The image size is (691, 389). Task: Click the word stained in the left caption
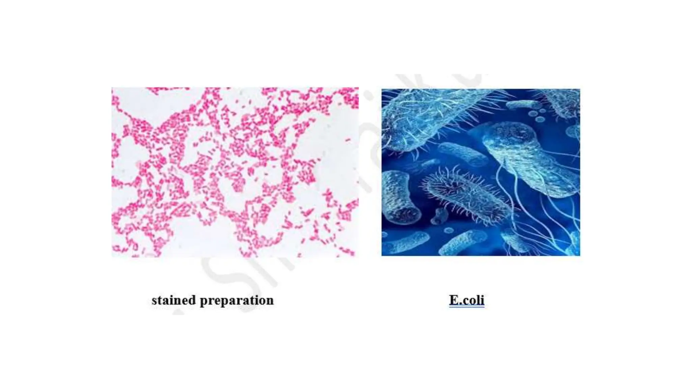[173, 300]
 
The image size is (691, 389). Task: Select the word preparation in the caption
[237, 300]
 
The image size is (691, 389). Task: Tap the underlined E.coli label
[467, 300]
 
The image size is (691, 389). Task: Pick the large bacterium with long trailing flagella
[530, 159]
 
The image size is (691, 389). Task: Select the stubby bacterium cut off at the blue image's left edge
[398, 198]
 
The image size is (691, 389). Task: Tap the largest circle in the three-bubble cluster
[533, 113]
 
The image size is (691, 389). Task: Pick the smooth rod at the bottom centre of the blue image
[462, 242]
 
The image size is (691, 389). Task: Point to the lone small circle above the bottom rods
[448, 231]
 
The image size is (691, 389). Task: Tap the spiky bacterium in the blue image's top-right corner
[563, 101]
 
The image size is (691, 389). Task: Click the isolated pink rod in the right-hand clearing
[348, 140]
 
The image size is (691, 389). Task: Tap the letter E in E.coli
[453, 300]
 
